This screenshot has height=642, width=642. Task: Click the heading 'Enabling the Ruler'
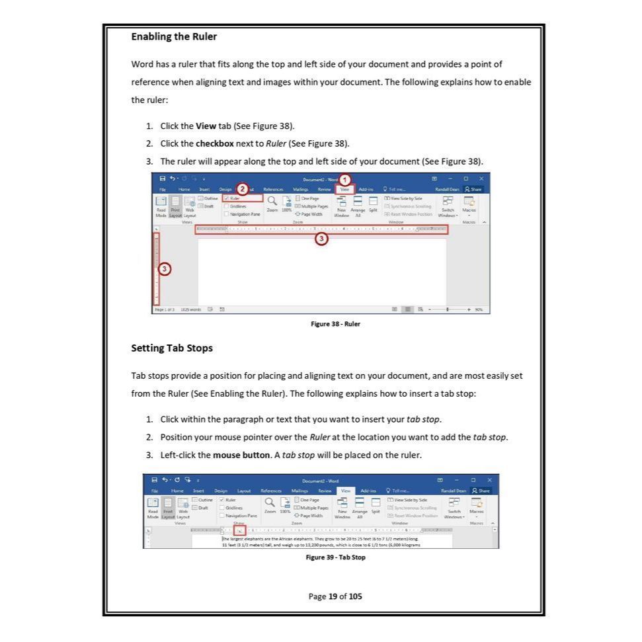(174, 36)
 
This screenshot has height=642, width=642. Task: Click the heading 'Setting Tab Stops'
(171, 348)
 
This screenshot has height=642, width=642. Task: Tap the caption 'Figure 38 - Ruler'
(335, 324)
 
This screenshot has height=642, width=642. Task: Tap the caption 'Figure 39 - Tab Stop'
(335, 557)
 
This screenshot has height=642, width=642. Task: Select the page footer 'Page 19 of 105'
(335, 596)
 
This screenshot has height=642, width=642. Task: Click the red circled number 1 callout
(344, 179)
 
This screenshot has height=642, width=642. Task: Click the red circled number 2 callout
(242, 190)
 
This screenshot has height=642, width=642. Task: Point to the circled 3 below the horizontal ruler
(321, 239)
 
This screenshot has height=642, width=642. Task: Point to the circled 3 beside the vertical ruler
(165, 268)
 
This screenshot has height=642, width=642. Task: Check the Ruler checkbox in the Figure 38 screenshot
(226, 198)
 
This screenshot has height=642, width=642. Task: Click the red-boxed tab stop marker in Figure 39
(239, 530)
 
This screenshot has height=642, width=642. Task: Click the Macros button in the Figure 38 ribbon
(469, 206)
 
